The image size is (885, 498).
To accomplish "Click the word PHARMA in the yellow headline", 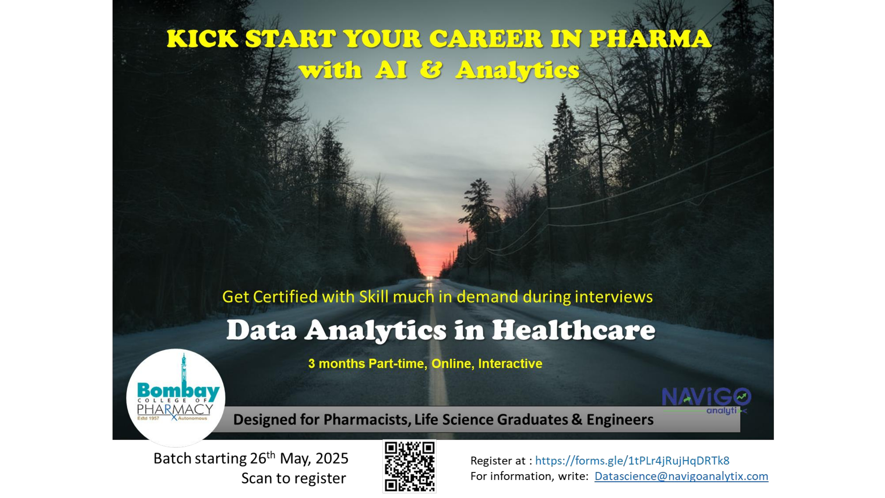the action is [x=650, y=39].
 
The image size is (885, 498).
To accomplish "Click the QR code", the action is [x=410, y=466].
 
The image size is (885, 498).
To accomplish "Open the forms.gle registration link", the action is [x=632, y=460].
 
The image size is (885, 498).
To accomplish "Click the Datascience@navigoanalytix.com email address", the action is [x=681, y=476].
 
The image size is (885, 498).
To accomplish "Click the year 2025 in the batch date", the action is [x=332, y=458].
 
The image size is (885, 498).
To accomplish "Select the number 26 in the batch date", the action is [x=258, y=458].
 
